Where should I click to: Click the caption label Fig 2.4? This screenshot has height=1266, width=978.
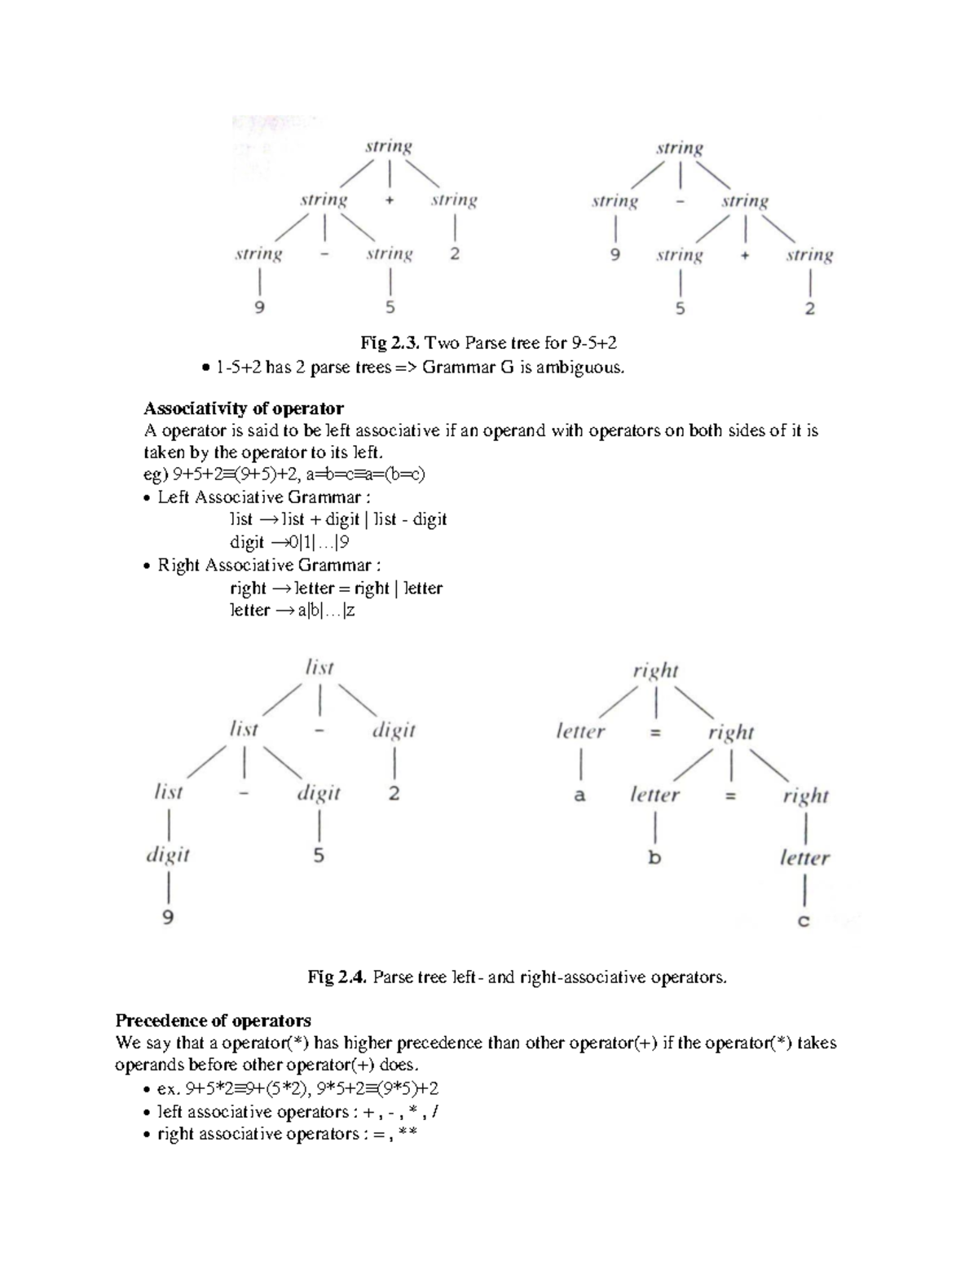point(337,977)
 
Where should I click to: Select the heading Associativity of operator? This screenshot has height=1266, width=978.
point(244,408)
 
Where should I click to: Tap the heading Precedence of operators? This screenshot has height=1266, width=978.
point(213,1021)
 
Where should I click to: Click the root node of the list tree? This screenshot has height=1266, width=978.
point(319,668)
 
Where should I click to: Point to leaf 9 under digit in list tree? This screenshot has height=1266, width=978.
point(167,917)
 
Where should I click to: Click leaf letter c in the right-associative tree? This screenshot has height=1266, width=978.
point(804,921)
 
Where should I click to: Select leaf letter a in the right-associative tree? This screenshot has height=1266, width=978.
point(579,794)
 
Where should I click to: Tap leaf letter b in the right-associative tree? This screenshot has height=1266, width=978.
point(654,858)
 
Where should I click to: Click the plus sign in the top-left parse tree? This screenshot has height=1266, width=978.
point(390,201)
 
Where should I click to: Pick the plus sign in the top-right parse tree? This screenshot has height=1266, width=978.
point(745,255)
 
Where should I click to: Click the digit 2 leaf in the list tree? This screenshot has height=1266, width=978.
point(394,793)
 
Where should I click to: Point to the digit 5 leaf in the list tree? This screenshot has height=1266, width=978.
point(319,856)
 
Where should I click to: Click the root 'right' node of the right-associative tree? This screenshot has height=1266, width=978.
point(655,671)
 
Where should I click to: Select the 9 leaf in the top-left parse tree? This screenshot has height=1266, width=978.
point(259,307)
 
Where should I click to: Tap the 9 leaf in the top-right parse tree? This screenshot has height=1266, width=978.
point(615,254)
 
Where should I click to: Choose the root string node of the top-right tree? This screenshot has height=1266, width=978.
point(680,148)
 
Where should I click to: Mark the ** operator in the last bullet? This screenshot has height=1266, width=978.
point(406,1134)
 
